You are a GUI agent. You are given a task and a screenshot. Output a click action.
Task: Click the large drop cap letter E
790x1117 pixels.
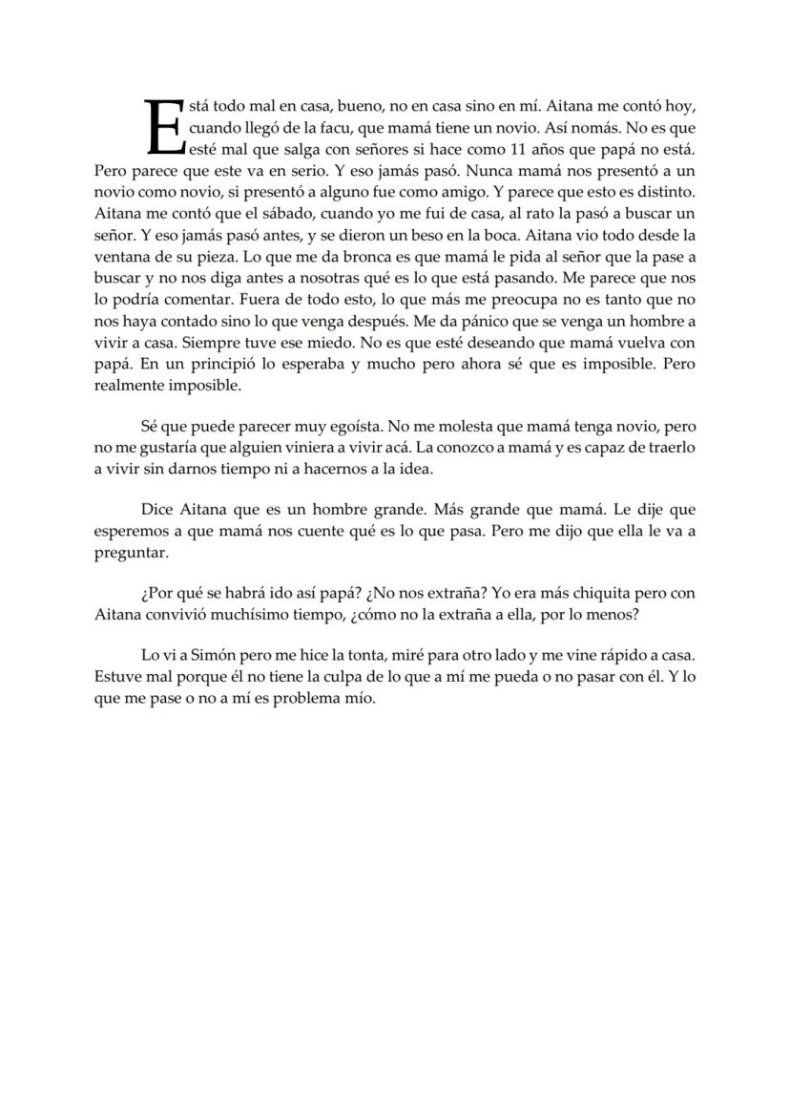pyautogui.click(x=164, y=126)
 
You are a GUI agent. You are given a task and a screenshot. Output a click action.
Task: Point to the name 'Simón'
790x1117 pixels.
pyautogui.click(x=220, y=656)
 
